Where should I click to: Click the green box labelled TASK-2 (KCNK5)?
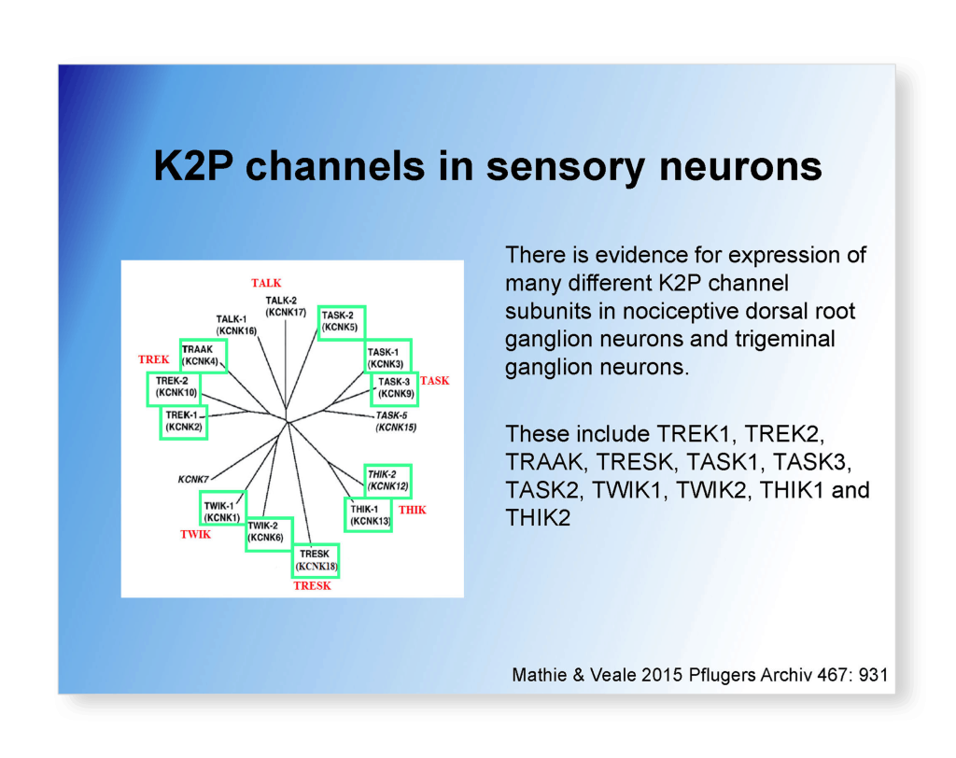click(x=341, y=322)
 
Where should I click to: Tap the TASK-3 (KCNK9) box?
click(x=394, y=388)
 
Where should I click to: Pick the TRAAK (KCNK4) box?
click(x=203, y=355)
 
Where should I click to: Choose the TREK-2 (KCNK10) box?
click(x=175, y=388)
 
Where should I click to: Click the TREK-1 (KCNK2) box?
click(x=182, y=422)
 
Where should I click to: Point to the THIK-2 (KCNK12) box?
click(x=387, y=481)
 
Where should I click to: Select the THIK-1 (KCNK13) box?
click(x=368, y=514)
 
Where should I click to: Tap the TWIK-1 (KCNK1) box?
click(x=223, y=509)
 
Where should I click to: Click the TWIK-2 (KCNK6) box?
click(x=269, y=534)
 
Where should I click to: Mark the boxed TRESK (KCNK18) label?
click(x=316, y=561)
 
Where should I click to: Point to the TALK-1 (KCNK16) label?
click(x=236, y=325)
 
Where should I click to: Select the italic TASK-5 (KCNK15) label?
click(x=396, y=421)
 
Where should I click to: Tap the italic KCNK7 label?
click(x=193, y=479)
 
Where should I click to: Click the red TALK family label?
click(x=266, y=283)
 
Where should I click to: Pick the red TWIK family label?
click(x=196, y=535)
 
